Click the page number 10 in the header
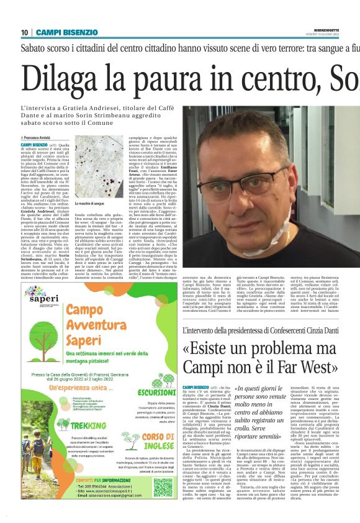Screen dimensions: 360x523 point(25,32)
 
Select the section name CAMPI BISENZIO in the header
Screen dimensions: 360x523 point(63,32)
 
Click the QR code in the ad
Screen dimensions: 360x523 point(163,485)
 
